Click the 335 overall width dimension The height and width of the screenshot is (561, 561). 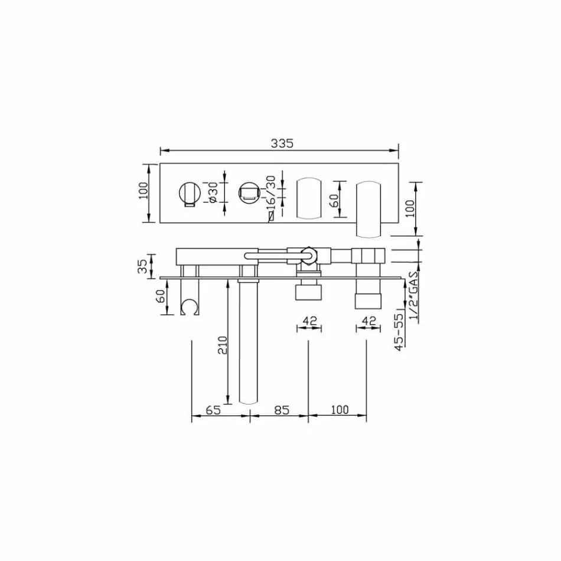(282, 143)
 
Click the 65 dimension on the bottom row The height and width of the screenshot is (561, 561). (213, 409)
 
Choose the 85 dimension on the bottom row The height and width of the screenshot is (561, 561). (282, 409)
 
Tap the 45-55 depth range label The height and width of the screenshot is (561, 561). (400, 332)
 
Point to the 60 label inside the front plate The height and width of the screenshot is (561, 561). (334, 200)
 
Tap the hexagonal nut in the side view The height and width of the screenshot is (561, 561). (309, 255)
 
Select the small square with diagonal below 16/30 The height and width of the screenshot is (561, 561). (271, 217)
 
